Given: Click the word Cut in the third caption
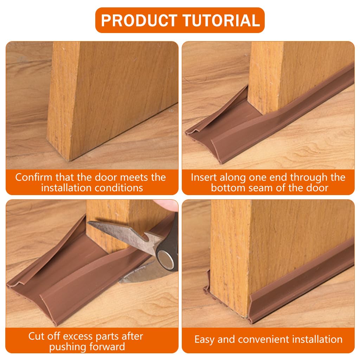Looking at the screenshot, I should (x=37, y=336).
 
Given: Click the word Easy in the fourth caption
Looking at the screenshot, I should (x=205, y=339).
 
